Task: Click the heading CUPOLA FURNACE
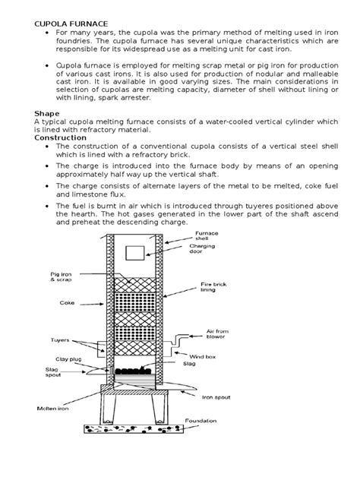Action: [71, 24]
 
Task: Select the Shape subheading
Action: [47, 114]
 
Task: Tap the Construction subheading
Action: [60, 137]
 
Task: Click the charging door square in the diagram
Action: [135, 253]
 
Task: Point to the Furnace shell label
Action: [207, 235]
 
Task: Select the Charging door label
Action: [202, 248]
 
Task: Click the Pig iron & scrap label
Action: [61, 276]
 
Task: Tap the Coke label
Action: [67, 303]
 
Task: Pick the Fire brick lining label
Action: [213, 287]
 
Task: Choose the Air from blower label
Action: [217, 334]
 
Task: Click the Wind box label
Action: [202, 357]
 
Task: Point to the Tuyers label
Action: [60, 340]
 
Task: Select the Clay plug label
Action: [68, 359]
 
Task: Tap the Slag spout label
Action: [53, 372]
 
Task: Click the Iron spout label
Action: [216, 397]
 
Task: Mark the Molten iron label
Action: [52, 409]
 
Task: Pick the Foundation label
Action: [201, 421]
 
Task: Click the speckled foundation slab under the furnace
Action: [134, 429]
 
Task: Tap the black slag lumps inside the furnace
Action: [133, 371]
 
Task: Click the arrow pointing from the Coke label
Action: [92, 305]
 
